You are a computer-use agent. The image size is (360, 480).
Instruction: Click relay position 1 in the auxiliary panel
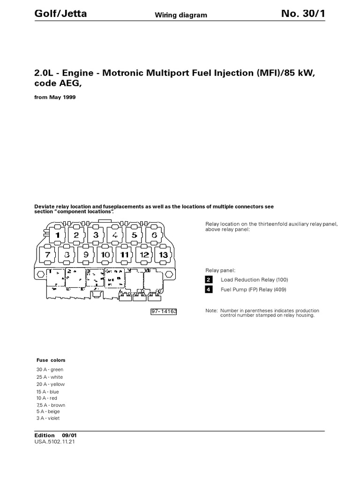pos(57,235)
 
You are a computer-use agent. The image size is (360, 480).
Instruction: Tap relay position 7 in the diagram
pos(47,255)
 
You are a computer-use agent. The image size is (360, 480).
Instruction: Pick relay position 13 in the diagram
pos(163,255)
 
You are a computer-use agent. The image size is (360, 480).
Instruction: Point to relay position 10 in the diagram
pos(105,255)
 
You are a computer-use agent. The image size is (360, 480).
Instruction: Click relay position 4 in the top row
pos(115,235)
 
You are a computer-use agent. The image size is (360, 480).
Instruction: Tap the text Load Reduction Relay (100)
pos(254,280)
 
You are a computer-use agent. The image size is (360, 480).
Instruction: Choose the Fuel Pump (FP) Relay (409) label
pos(253,290)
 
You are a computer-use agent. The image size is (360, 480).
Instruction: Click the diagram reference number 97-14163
pos(164,311)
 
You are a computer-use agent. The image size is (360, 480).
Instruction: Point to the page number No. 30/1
pos(303,14)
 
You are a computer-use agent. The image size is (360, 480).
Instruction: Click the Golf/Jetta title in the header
pos(60,14)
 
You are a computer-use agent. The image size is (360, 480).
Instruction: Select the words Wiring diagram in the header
pos(181,15)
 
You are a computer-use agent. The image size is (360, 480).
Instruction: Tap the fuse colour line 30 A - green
pos(50,370)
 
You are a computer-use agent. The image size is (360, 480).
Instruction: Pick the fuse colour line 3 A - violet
pos(48,418)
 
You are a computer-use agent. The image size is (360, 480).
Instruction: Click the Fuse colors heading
pos(51,360)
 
